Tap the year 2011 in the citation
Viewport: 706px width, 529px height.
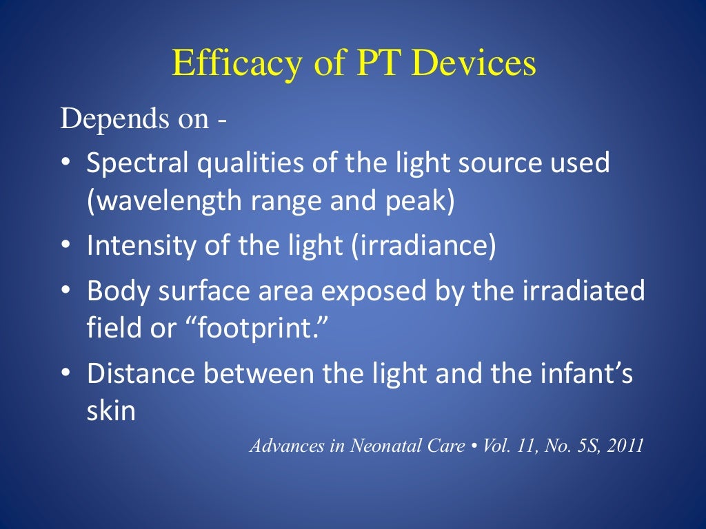pyautogui.click(x=624, y=446)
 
